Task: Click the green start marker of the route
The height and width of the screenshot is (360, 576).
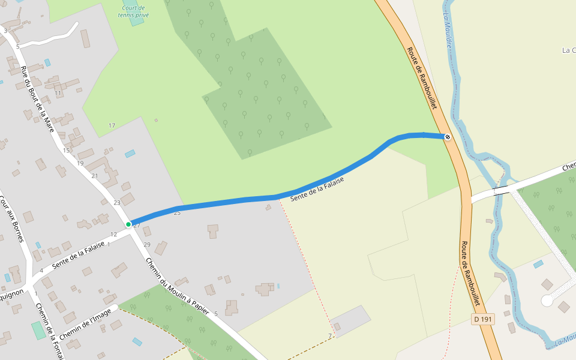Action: (x=128, y=224)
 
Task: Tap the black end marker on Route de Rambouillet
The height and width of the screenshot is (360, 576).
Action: (x=447, y=137)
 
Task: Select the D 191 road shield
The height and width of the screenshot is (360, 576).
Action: (x=483, y=319)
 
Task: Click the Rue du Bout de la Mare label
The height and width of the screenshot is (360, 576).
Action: (x=37, y=99)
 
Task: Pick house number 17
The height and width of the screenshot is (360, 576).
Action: (x=112, y=125)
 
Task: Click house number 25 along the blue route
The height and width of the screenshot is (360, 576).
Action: (x=177, y=213)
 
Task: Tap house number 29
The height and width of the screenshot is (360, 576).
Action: (x=147, y=244)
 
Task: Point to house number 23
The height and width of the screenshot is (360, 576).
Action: (x=117, y=203)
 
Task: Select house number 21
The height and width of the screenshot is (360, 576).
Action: (x=95, y=176)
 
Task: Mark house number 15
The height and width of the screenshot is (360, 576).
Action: (x=66, y=150)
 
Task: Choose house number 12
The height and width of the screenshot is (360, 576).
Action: (x=114, y=234)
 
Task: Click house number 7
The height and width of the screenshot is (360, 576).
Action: (x=330, y=335)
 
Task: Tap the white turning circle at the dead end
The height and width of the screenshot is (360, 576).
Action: (x=547, y=300)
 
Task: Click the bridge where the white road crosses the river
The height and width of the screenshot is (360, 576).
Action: (x=502, y=191)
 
